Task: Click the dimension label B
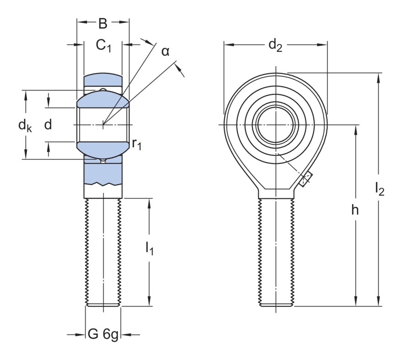tap(103, 23)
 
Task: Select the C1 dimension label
tap(103, 45)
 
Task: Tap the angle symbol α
tap(165, 51)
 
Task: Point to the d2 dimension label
tap(275, 45)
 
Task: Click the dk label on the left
tap(25, 125)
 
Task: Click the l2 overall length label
tap(379, 188)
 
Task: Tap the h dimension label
tap(355, 210)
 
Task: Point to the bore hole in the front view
tap(276, 125)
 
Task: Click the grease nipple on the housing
tap(305, 179)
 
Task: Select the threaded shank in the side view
tap(103, 252)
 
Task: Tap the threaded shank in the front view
tap(276, 252)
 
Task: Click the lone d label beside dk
tap(48, 125)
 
